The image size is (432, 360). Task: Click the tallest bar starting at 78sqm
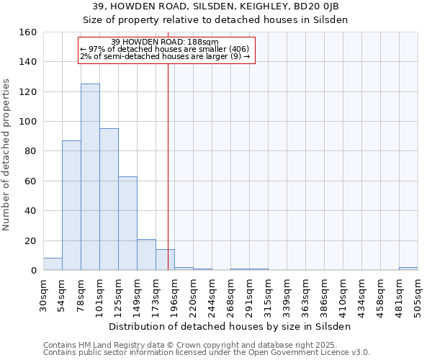pyautogui.click(x=90, y=177)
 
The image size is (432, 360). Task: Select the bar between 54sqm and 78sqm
pyautogui.click(x=71, y=205)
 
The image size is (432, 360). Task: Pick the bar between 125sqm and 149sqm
pyautogui.click(x=127, y=223)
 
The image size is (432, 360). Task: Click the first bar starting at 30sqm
pyautogui.click(x=53, y=264)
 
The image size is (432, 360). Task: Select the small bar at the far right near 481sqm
pyautogui.click(x=408, y=269)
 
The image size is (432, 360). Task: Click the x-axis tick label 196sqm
pyautogui.click(x=174, y=295)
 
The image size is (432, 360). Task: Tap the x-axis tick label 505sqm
pyautogui.click(x=418, y=295)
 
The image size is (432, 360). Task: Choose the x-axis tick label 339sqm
pyautogui.click(x=287, y=295)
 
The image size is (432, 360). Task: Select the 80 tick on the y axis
pyautogui.click(x=31, y=151)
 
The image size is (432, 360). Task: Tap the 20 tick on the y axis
pyautogui.click(x=31, y=240)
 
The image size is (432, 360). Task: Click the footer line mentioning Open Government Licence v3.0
pyautogui.click(x=207, y=353)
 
